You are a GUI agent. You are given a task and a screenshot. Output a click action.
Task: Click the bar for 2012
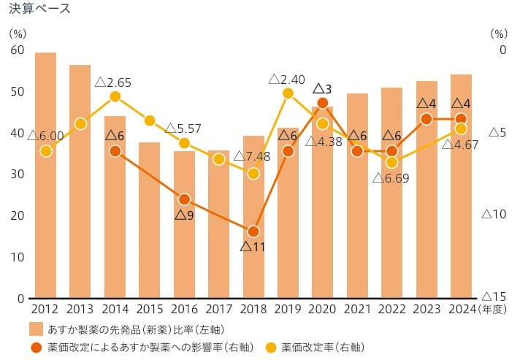click(x=45, y=175)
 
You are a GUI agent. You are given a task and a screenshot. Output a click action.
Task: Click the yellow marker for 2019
click(x=288, y=93)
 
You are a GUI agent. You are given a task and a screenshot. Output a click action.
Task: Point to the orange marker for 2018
click(x=253, y=231)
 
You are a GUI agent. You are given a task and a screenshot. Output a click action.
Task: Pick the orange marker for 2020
click(x=322, y=103)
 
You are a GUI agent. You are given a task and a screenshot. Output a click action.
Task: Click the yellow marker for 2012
click(x=45, y=151)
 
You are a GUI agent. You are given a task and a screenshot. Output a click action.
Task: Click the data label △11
click(x=253, y=247)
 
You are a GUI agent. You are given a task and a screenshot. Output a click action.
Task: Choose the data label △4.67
click(x=460, y=145)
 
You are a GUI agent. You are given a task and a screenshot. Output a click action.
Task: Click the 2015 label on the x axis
click(x=149, y=310)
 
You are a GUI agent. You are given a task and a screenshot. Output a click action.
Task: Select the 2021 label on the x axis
click(x=357, y=310)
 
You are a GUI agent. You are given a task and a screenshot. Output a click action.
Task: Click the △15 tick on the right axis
click(x=495, y=296)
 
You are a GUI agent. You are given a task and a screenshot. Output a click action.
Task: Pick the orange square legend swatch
click(x=37, y=327)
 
